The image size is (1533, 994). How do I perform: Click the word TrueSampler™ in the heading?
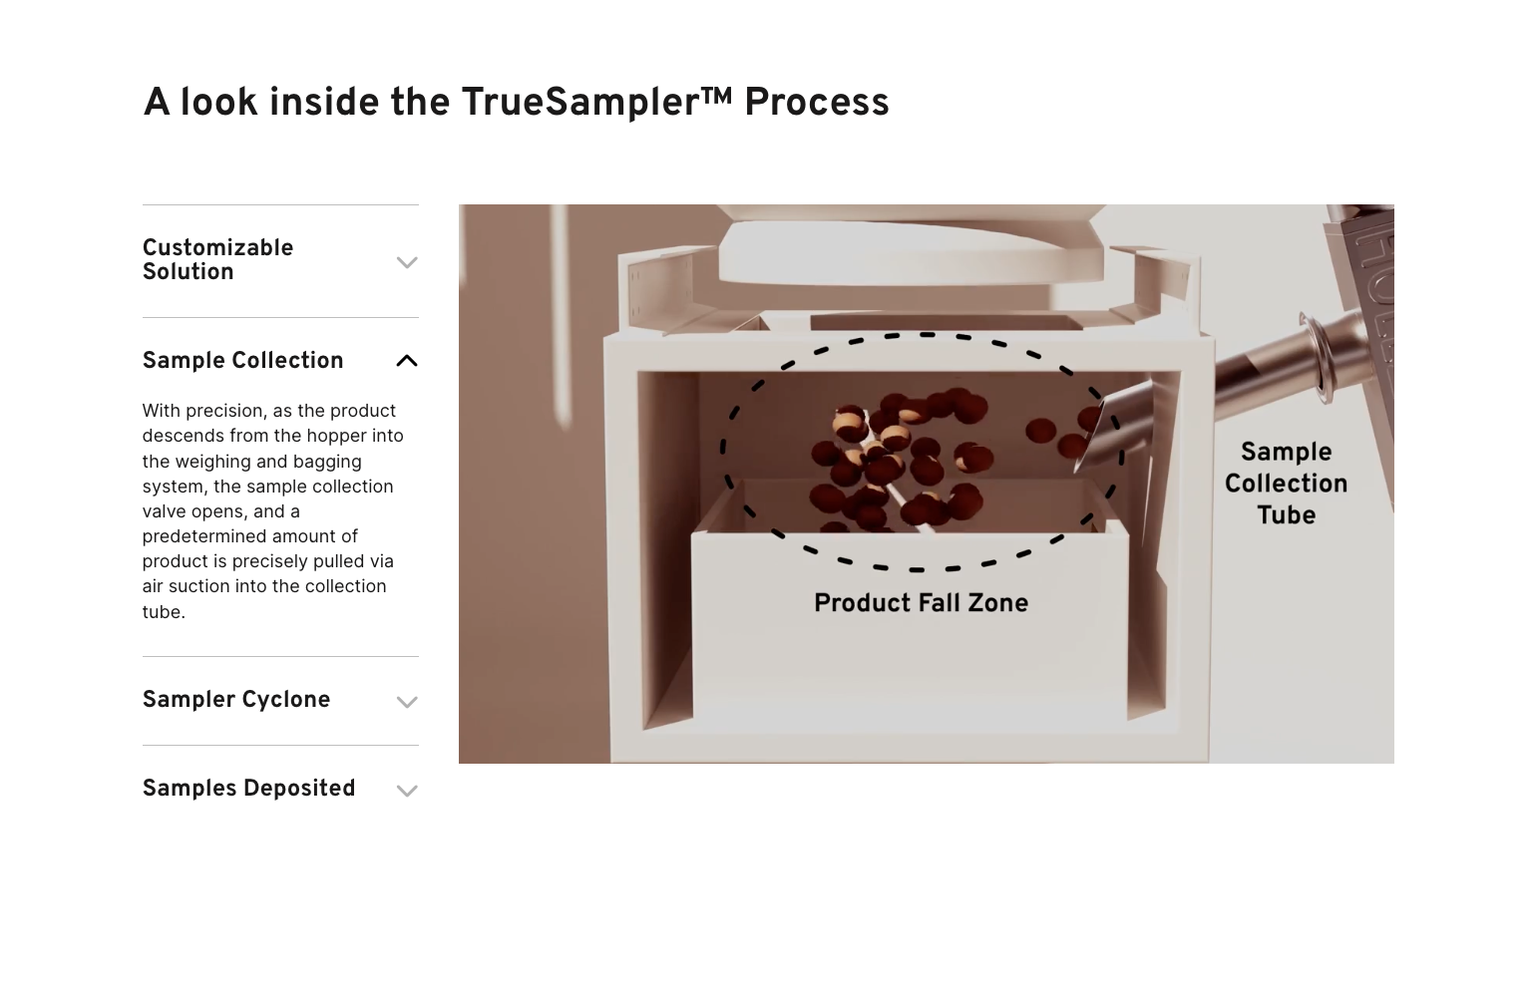click(596, 102)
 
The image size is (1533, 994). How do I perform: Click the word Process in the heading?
click(817, 103)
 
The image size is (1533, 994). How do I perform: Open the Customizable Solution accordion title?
click(217, 259)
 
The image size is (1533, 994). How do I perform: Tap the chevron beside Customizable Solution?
click(407, 262)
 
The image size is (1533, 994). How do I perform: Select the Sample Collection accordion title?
click(243, 360)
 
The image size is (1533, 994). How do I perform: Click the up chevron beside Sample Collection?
click(407, 361)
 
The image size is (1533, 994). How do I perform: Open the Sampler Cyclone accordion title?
click(236, 699)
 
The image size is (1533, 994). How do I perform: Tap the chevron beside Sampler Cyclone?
click(407, 702)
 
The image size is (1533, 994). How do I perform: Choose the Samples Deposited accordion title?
click(248, 788)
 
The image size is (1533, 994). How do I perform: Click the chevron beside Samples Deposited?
click(407, 791)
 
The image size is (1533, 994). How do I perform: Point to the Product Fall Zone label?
click(922, 603)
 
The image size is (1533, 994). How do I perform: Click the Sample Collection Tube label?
click(1286, 483)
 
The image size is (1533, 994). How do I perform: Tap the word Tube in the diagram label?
click(1286, 515)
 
